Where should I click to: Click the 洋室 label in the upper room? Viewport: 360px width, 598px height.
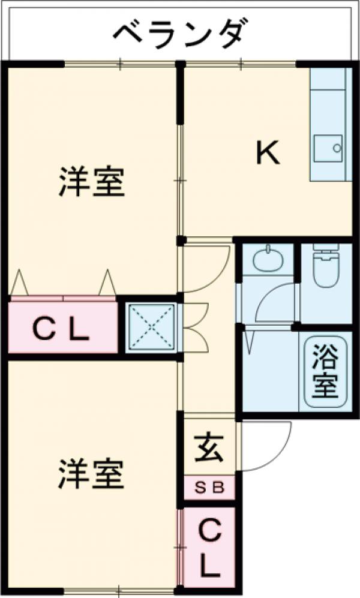(92, 182)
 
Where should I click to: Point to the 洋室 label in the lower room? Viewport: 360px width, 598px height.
(92, 473)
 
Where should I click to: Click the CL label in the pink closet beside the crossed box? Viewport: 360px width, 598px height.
(61, 328)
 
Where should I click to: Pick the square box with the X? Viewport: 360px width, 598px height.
(152, 327)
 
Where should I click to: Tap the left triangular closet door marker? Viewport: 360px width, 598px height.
(20, 282)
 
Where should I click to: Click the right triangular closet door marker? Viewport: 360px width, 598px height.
(107, 282)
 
